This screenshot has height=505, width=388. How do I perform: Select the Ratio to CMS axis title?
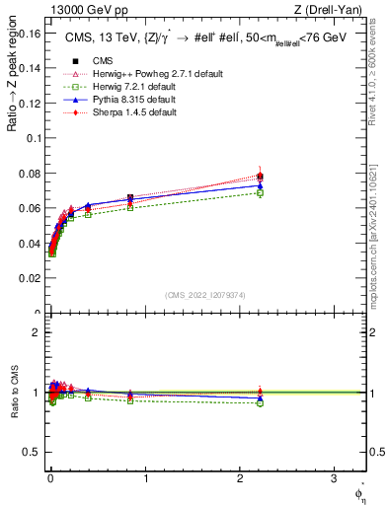[x=13, y=392]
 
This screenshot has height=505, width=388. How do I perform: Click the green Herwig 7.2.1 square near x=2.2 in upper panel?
[x=260, y=193]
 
